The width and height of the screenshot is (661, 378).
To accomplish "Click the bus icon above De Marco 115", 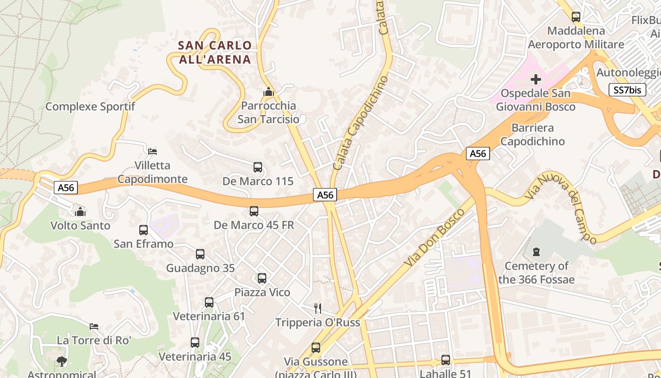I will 257,167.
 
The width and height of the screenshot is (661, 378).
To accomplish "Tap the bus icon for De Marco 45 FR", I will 254,211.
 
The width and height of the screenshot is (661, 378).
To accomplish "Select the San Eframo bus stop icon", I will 144,230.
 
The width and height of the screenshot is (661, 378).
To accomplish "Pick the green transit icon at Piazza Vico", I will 262,278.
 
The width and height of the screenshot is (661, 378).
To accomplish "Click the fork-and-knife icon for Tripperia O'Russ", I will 318,309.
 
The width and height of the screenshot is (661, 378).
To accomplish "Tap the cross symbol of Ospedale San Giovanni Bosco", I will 535,79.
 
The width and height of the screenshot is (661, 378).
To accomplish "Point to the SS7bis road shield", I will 627,90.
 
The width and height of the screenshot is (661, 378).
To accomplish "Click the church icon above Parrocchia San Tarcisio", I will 269,92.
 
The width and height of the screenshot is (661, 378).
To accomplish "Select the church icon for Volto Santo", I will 80,211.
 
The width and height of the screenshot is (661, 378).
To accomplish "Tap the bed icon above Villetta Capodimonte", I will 152,152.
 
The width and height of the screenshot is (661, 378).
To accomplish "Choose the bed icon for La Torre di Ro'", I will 94,326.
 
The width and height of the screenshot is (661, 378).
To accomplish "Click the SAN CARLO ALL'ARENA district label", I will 215,52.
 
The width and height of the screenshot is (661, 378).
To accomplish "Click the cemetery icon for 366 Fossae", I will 536,252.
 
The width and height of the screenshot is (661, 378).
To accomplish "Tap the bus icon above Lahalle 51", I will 445,360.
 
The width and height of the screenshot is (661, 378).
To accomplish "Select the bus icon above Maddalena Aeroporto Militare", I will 576,17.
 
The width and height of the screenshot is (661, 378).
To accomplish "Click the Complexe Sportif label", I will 90,107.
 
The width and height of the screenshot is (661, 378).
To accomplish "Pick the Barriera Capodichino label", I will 533,135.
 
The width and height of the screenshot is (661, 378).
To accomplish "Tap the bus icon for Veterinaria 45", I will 195,343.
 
